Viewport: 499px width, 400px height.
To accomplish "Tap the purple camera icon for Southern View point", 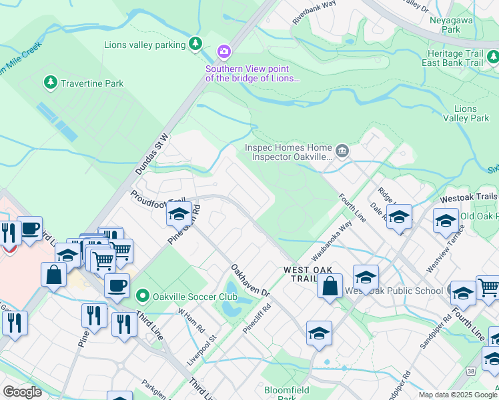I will point(223,51).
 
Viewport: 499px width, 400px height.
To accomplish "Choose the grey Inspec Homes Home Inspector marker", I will point(342,151).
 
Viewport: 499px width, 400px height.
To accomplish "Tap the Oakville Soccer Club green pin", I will point(141,295).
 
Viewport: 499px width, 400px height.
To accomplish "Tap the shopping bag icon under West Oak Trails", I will point(330,287).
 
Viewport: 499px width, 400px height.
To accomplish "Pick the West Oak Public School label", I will point(394,291).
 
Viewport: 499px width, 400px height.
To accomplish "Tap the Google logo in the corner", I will point(22,392).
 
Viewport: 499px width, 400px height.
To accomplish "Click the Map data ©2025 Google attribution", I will point(457,395).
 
